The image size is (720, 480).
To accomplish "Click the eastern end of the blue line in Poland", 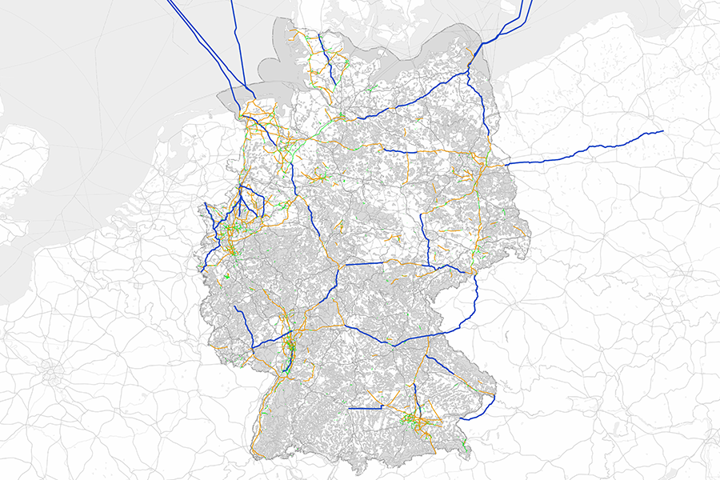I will [662, 131].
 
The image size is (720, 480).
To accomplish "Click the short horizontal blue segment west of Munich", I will [366, 408].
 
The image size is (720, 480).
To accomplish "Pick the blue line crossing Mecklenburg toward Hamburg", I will [416, 97].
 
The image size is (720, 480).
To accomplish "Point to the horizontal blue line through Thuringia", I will [364, 263].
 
